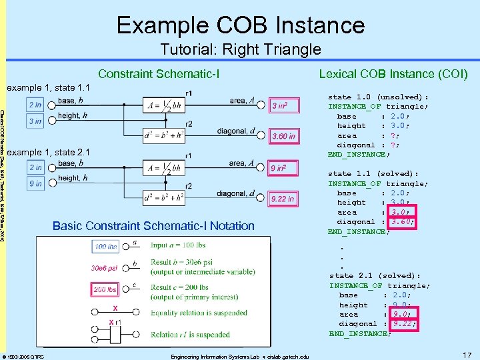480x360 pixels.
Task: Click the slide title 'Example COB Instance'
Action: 240,25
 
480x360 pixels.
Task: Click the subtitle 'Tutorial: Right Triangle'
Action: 241,49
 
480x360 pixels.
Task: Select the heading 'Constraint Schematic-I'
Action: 159,73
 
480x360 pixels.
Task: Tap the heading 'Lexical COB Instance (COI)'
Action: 393,73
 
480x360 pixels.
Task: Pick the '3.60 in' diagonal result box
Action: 283,137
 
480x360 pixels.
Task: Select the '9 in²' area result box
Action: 278,168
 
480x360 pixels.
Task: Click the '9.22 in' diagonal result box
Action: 282,199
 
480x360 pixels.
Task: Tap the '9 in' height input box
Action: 35,183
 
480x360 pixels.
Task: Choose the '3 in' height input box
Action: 35,121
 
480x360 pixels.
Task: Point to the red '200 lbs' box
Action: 105,290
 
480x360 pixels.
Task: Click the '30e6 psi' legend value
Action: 105,269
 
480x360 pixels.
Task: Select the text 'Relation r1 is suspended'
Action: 181,335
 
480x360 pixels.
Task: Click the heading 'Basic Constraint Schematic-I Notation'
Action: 153,225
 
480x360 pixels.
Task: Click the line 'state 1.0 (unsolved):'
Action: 378,96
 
